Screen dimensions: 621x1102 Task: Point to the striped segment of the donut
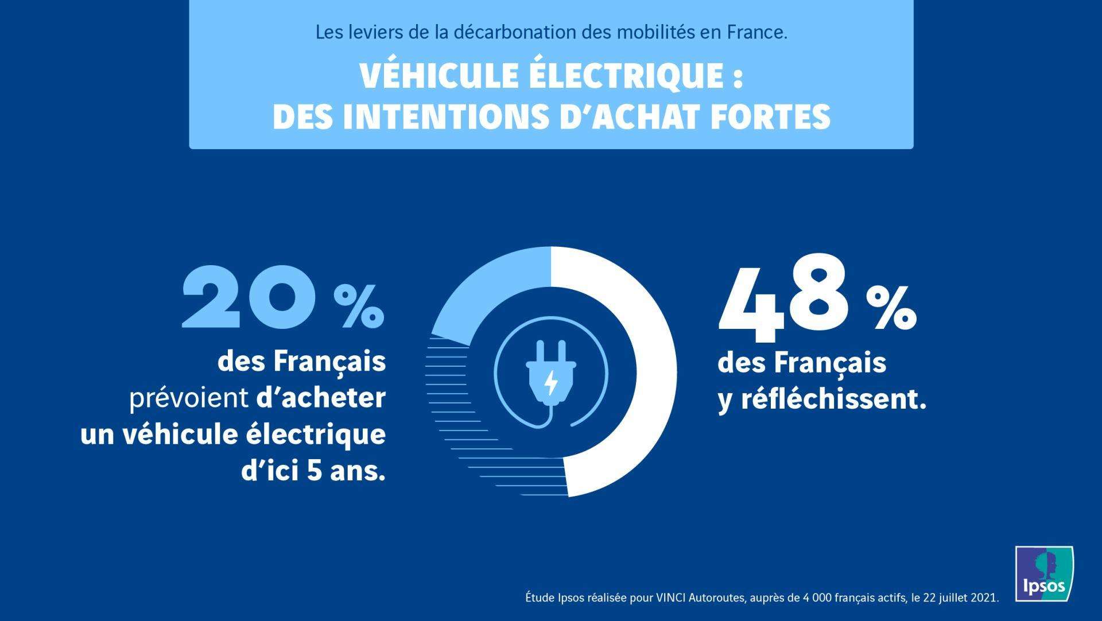(459, 402)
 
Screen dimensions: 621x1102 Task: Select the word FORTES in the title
(770, 117)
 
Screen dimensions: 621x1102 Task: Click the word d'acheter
(321, 398)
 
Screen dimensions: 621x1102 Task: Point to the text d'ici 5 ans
(313, 472)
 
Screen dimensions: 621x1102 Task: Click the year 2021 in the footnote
(985, 598)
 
